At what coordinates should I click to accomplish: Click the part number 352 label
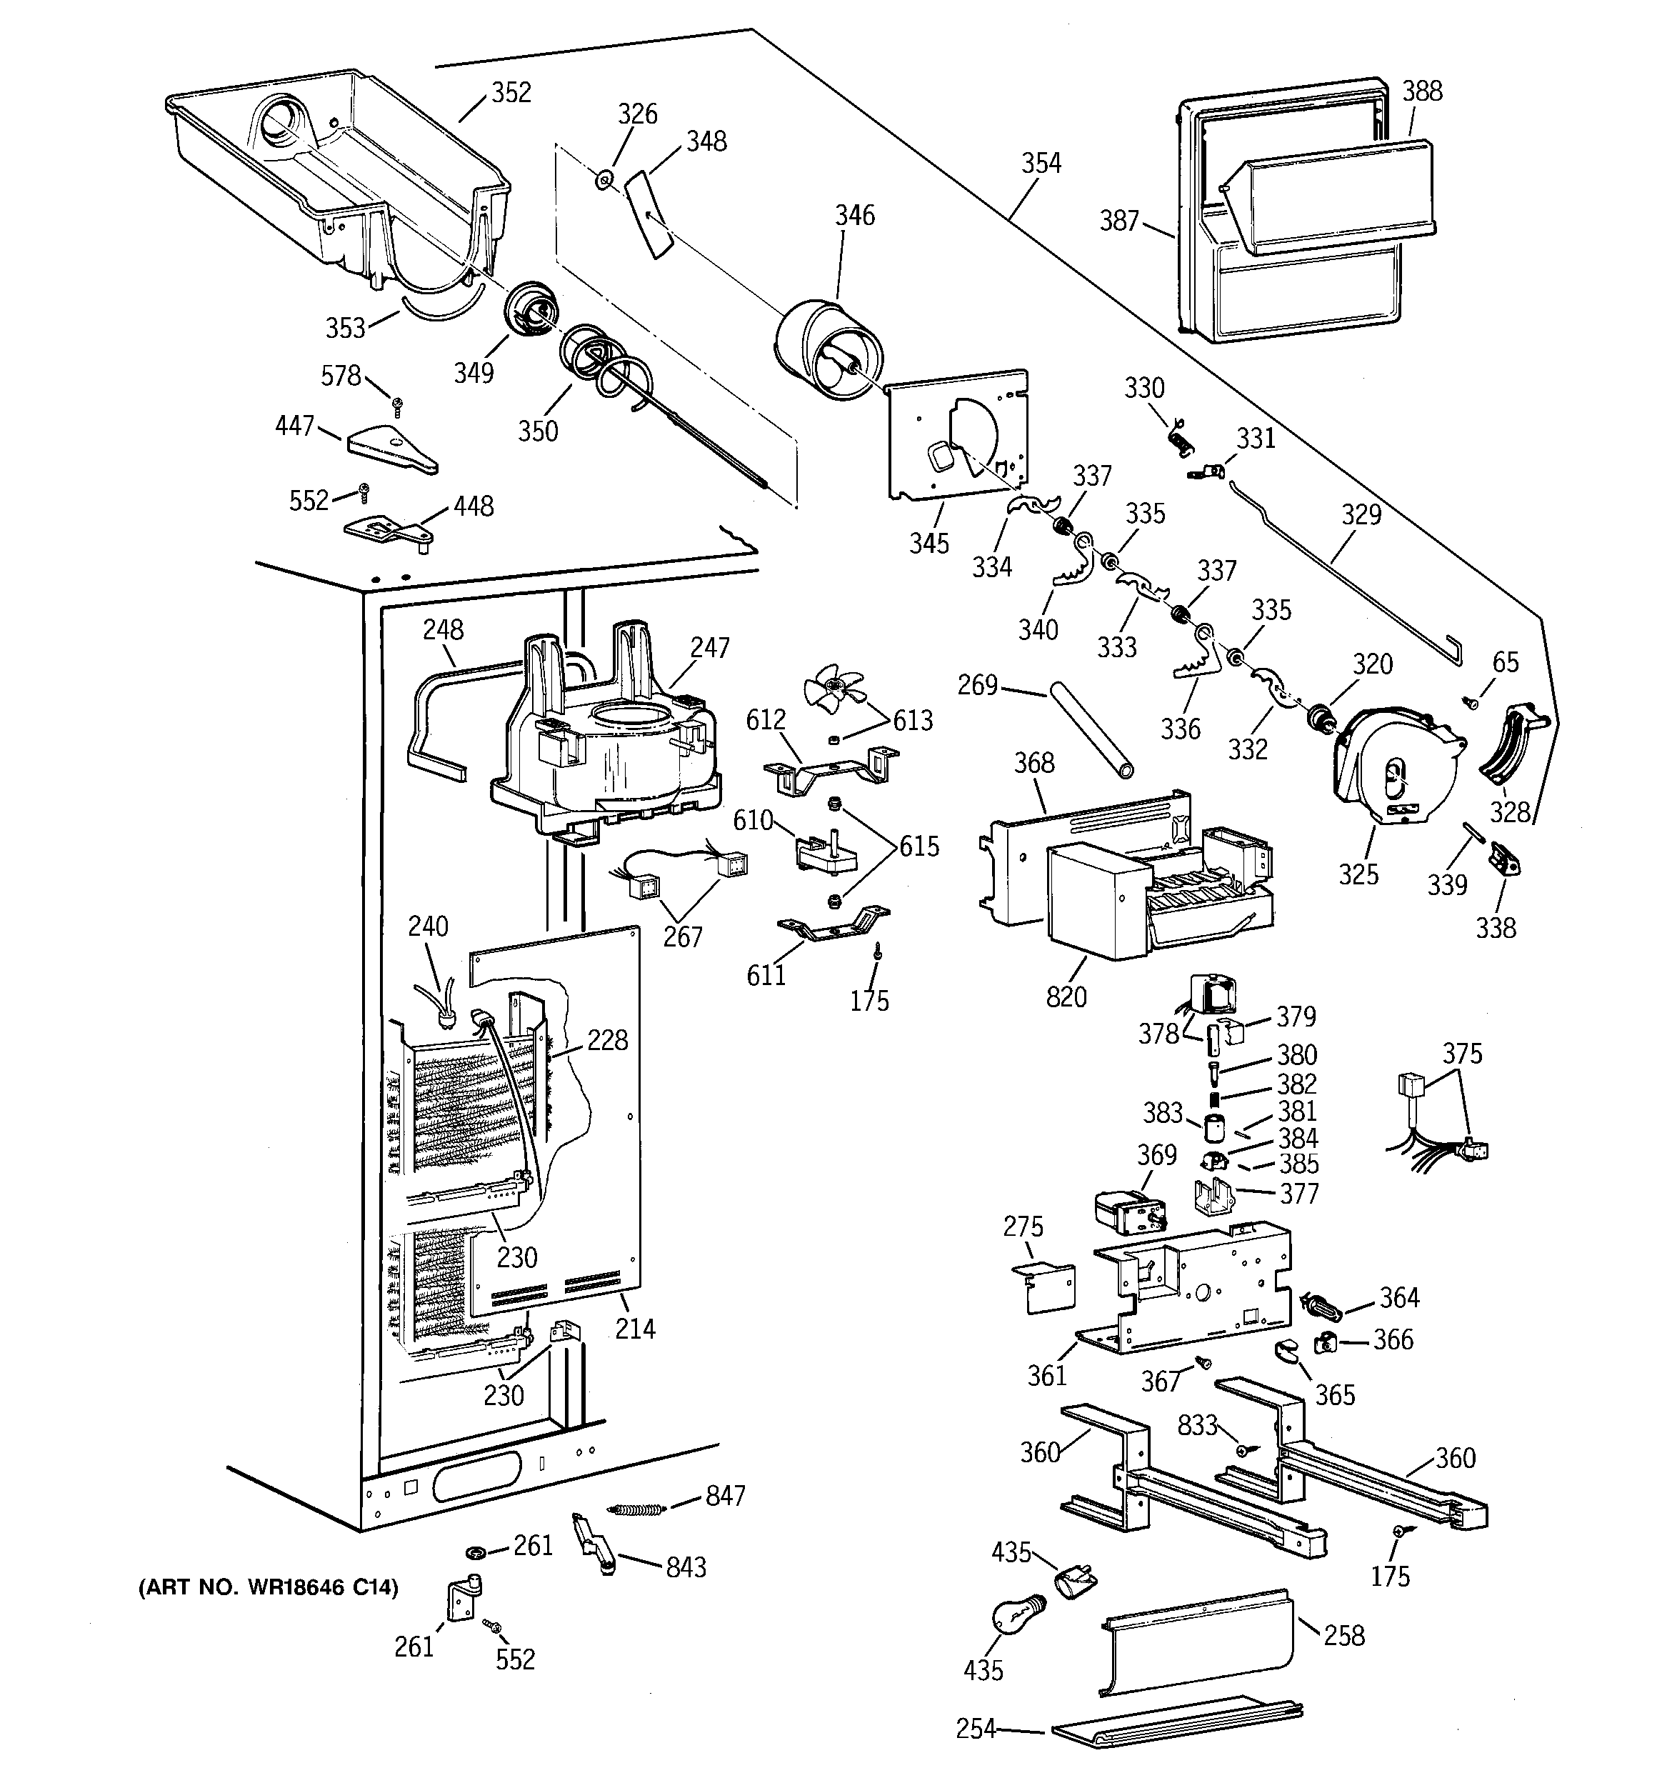(511, 92)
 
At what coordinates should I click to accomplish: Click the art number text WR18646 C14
(268, 1587)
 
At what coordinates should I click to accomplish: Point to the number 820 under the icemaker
(1066, 997)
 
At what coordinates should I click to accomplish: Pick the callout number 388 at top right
(1422, 91)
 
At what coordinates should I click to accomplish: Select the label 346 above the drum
(853, 215)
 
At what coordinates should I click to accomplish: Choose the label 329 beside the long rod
(1361, 514)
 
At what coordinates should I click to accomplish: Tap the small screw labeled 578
(399, 406)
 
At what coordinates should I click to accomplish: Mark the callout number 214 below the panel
(635, 1329)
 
